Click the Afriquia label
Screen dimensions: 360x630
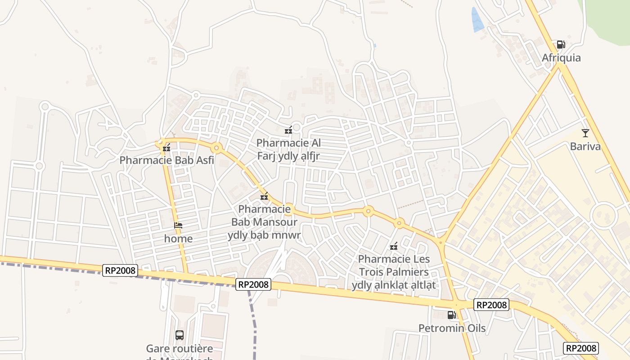561,58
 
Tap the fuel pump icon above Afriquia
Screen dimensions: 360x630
561,44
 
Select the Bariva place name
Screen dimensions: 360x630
585,146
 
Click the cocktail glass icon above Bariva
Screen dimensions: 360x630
585,133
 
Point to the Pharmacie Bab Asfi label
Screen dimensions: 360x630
166,160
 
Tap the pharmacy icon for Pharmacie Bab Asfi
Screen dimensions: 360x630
166,147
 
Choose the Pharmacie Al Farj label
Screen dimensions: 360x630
288,149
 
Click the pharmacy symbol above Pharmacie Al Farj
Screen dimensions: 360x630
288,130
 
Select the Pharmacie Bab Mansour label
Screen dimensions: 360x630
264,222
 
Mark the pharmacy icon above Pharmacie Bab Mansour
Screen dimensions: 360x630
264,197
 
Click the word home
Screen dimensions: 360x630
178,238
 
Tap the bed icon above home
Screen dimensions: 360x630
178,225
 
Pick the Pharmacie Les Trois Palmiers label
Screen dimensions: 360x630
394,272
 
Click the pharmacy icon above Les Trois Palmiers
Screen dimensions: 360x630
394,246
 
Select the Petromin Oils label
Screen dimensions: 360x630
452,328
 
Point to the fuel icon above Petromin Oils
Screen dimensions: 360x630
451,315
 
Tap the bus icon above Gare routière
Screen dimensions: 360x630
179,335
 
